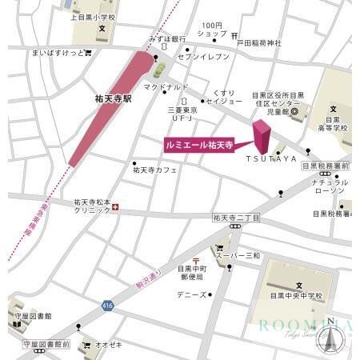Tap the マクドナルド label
tap(166, 86)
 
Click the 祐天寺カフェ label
tap(155, 170)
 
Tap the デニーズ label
tap(192, 294)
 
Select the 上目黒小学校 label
tap(94, 15)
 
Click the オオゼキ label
tap(108, 346)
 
